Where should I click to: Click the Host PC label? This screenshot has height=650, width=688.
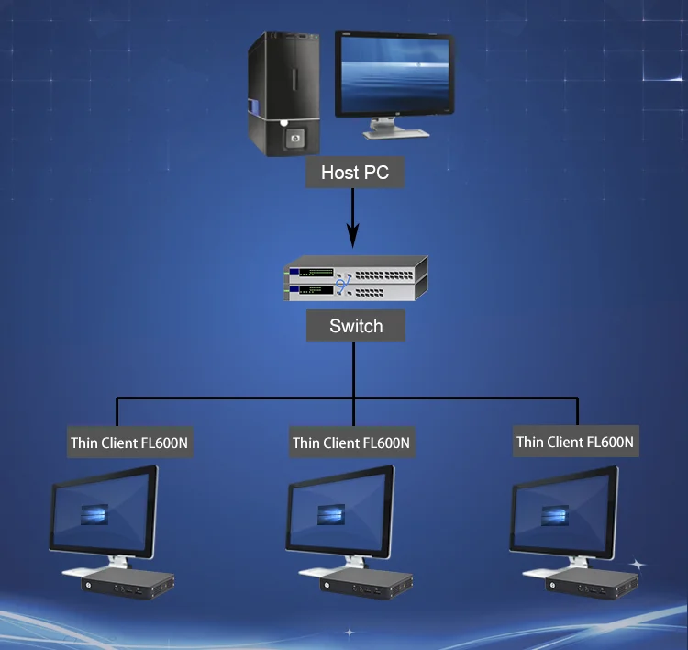coord(354,172)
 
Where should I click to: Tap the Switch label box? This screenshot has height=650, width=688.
coord(355,326)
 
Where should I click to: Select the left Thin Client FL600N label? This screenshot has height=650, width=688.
coord(129,443)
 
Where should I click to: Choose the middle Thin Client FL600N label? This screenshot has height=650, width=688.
coord(351,443)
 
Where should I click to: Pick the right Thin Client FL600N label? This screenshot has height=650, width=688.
coord(575,442)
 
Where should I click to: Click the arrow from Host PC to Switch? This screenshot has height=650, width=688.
coord(355,219)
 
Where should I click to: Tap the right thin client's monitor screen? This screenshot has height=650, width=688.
coord(562,513)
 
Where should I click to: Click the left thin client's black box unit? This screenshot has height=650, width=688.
coord(128,580)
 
